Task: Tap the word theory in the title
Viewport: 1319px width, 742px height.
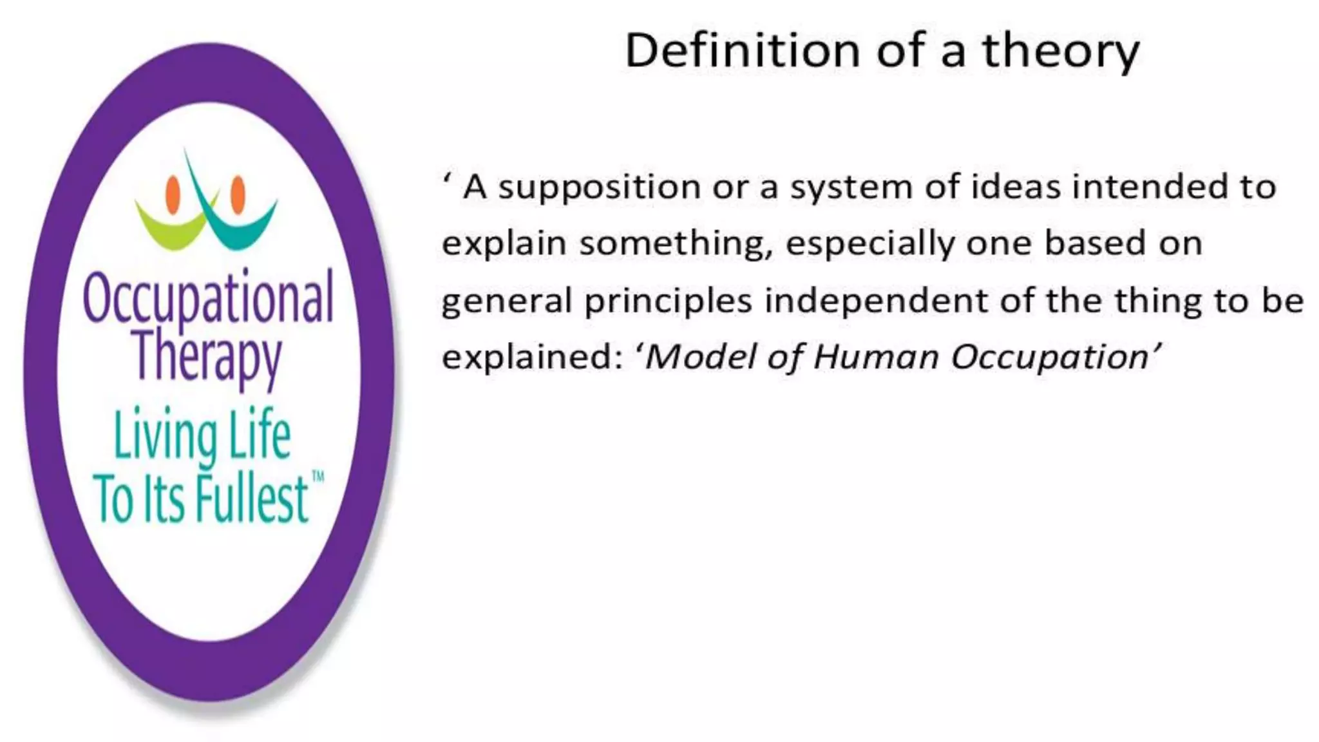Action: click(x=1061, y=52)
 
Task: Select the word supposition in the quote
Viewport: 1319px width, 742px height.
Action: click(x=599, y=188)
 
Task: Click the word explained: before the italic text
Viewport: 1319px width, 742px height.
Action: click(x=532, y=358)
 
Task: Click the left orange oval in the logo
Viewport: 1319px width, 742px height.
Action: click(x=173, y=195)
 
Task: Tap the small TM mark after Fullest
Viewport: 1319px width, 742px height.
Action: click(x=318, y=477)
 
